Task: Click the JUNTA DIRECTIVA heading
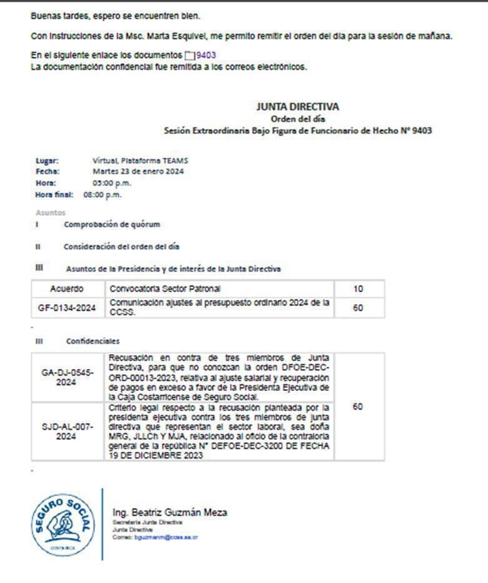297,107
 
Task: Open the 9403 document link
206,56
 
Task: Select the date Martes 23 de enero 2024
138,171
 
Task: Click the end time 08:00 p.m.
102,195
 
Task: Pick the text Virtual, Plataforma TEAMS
140,160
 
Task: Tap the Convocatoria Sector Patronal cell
165,289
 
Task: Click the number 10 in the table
358,289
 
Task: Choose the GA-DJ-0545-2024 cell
67,377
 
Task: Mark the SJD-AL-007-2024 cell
67,432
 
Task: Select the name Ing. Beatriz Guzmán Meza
169,513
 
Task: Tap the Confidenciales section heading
92,341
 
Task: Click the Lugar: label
47,160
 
